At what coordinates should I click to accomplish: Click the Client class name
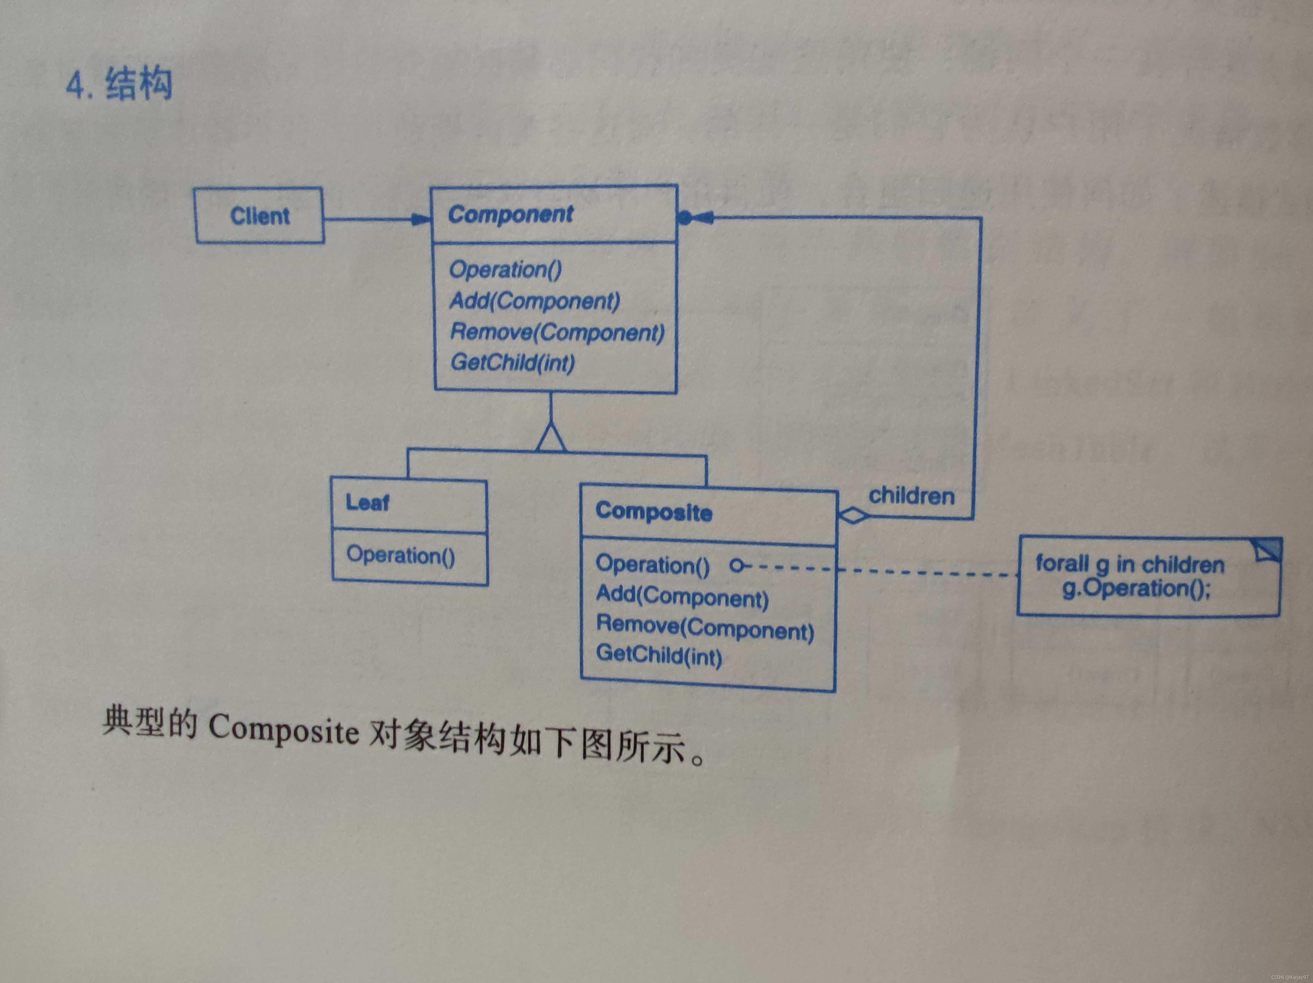(x=260, y=216)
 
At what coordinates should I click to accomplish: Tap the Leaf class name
(x=368, y=503)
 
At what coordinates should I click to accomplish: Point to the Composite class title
(x=653, y=512)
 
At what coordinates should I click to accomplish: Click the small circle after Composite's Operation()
(x=736, y=566)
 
